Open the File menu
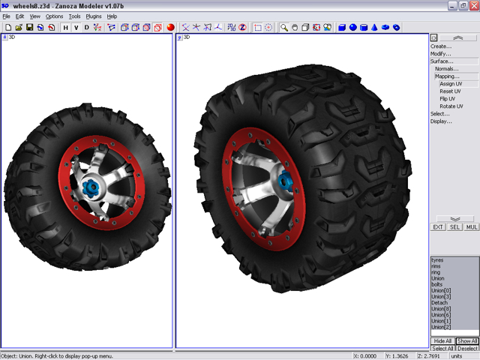[7, 16]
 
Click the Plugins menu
[94, 16]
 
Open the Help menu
[112, 16]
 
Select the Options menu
[55, 16]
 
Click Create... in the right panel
[441, 46]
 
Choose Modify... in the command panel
[441, 53]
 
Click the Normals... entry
[446, 68]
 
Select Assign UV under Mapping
[451, 83]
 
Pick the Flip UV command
[448, 98]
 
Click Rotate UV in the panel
[451, 106]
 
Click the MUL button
[472, 226]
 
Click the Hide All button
[442, 341]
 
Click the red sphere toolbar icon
[171, 28]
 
